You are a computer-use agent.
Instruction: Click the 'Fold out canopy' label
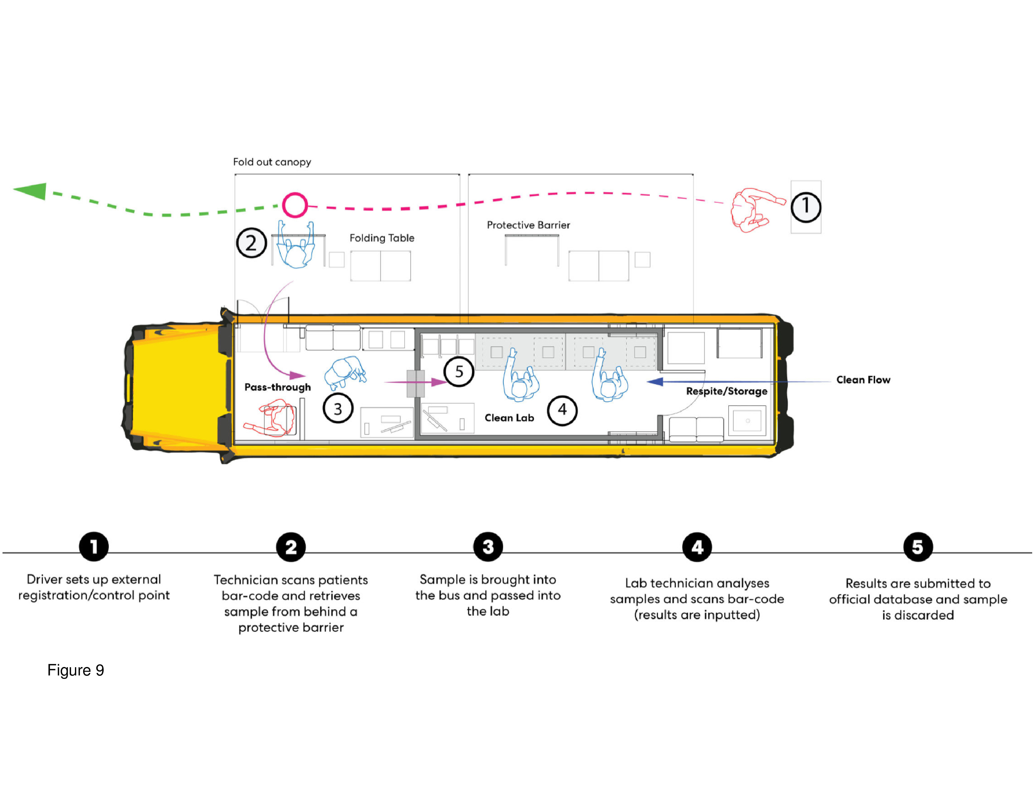tap(272, 162)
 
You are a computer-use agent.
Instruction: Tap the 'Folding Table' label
tap(382, 238)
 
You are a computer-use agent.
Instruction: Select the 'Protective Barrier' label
tap(528, 225)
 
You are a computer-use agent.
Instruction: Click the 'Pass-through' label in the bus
tap(278, 387)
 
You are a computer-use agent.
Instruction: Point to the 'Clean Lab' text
tap(509, 418)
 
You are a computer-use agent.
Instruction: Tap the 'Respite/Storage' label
tap(726, 391)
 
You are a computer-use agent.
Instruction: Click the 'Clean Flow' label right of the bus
tap(863, 380)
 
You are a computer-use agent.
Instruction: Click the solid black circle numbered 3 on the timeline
tap(488, 547)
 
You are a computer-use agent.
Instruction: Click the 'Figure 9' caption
tap(76, 670)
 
